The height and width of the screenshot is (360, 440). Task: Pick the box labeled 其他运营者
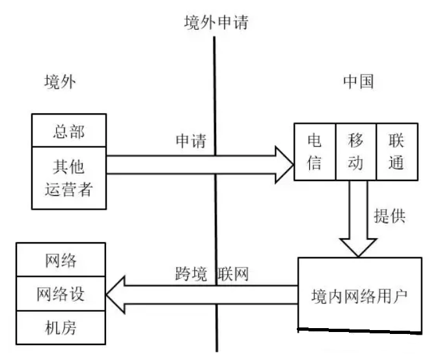click(x=68, y=178)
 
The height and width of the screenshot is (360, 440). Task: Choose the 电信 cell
click(x=314, y=152)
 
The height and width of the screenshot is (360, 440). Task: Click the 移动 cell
click(x=355, y=152)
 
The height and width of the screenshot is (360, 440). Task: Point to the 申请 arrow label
click(x=191, y=141)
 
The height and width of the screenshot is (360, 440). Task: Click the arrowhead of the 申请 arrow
click(x=284, y=163)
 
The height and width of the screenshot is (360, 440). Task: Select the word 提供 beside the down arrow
click(x=390, y=216)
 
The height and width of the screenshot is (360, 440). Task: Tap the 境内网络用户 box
click(x=359, y=294)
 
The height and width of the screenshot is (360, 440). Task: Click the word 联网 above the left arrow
click(x=234, y=272)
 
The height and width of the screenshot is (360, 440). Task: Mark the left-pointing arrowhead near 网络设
click(x=117, y=294)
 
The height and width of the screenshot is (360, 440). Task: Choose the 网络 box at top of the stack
click(x=61, y=261)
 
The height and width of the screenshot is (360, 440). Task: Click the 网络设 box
click(x=61, y=294)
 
